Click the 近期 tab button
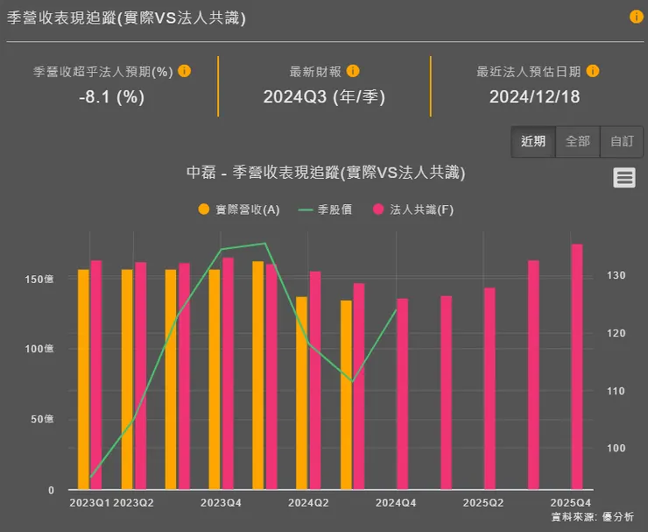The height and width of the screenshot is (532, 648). (x=533, y=141)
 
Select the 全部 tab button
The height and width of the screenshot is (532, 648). (x=578, y=141)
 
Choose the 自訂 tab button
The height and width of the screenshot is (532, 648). (x=622, y=141)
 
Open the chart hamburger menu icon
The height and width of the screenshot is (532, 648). (x=624, y=178)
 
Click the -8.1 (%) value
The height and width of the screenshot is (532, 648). (x=111, y=97)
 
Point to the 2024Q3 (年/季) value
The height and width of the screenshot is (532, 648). (x=324, y=97)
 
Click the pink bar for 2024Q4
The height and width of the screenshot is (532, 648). (x=402, y=394)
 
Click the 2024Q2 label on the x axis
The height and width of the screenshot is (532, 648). (x=308, y=503)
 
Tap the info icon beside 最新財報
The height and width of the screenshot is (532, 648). (x=353, y=71)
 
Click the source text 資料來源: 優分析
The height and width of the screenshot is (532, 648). (x=592, y=517)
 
